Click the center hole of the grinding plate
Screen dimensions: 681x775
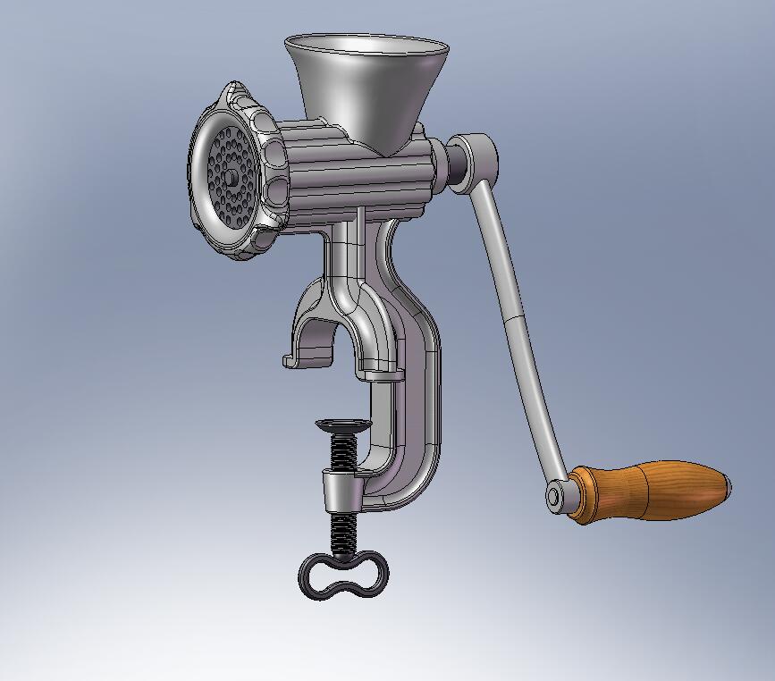coord(231,177)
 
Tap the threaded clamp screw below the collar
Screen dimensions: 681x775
coord(341,532)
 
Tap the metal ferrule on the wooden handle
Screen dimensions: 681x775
coord(581,494)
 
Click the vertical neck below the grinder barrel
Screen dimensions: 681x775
coord(353,259)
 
